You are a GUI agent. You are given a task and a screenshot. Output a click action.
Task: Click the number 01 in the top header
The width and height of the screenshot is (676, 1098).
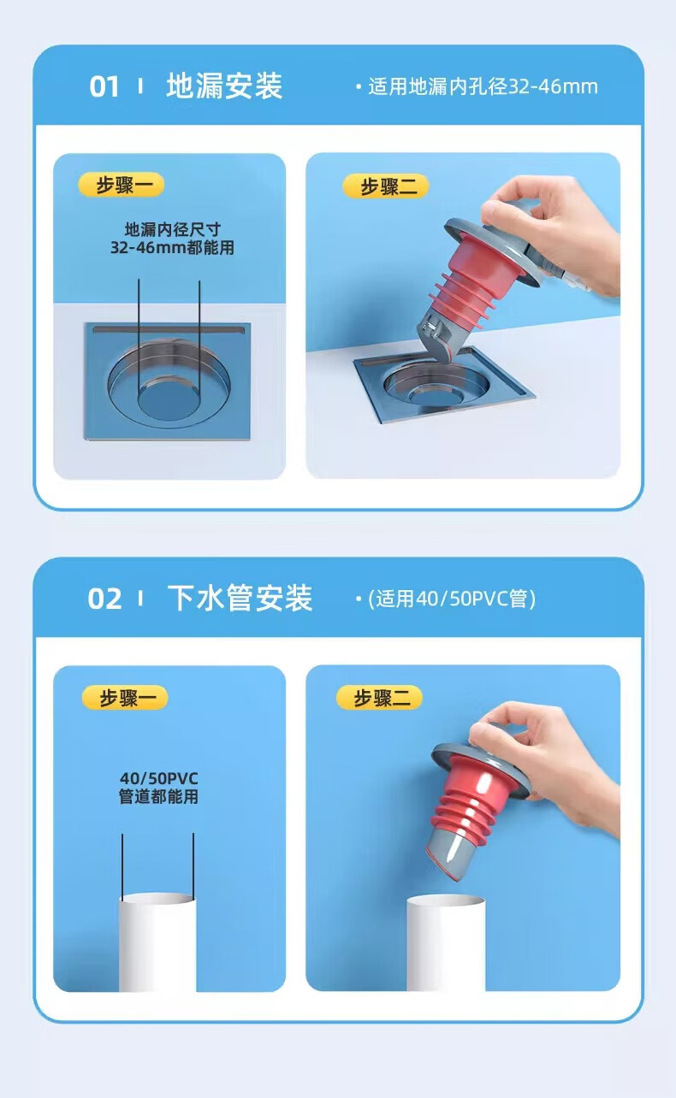tap(104, 86)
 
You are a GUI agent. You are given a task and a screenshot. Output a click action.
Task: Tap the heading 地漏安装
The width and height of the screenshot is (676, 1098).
tap(224, 86)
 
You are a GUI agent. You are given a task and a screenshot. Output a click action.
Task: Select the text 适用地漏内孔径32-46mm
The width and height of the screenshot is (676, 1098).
tap(483, 86)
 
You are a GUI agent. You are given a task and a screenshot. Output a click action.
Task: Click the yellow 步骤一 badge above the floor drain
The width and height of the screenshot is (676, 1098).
tap(122, 185)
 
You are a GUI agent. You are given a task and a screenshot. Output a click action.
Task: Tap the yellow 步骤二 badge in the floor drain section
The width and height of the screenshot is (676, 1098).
tap(386, 186)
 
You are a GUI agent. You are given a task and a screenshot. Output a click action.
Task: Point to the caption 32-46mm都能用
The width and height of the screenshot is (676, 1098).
tap(172, 247)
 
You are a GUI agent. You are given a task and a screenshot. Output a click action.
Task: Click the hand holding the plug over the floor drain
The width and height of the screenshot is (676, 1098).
tap(552, 235)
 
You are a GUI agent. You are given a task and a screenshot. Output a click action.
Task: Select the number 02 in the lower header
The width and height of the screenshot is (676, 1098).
tap(104, 599)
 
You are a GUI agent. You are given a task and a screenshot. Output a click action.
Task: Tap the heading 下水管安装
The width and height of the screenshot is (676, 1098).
tap(240, 598)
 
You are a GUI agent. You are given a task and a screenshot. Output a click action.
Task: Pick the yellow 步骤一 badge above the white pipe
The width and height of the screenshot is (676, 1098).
tap(125, 698)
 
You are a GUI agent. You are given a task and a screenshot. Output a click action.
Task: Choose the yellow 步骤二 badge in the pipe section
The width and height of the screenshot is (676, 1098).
tap(379, 698)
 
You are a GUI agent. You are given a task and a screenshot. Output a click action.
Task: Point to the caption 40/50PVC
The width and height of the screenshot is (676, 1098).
tap(159, 778)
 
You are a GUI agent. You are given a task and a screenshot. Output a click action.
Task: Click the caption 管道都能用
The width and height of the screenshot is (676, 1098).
tap(159, 796)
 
